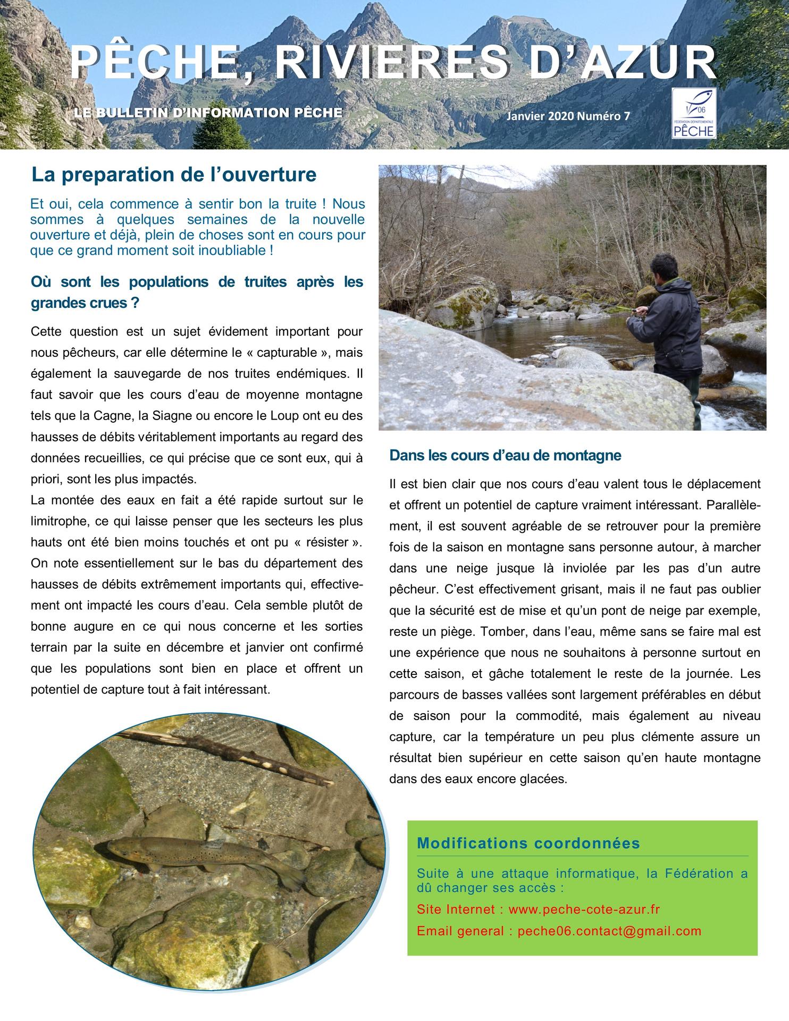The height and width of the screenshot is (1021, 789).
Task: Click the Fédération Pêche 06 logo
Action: tap(694, 113)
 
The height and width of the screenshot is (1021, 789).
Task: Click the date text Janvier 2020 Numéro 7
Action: tap(568, 116)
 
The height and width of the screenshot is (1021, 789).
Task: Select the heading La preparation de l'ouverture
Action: tap(173, 174)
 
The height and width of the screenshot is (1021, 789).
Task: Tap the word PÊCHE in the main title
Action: tap(154, 64)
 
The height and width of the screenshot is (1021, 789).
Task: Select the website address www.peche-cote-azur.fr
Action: tap(584, 909)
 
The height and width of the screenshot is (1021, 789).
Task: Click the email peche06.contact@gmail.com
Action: tap(609, 931)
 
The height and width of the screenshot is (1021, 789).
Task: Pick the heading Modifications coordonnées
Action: tap(528, 843)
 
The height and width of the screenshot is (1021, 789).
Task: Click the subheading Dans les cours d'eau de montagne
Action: tap(505, 455)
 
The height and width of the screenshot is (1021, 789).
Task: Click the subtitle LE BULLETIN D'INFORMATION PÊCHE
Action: tap(208, 113)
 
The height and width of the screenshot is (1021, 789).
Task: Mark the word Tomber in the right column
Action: tap(499, 631)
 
